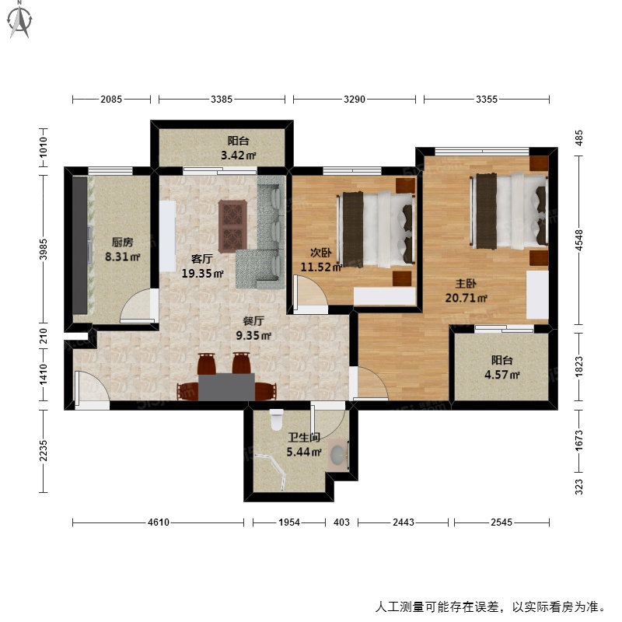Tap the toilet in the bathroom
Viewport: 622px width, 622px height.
click(277, 420)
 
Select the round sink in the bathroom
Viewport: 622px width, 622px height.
click(338, 454)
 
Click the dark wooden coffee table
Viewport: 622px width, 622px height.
click(232, 226)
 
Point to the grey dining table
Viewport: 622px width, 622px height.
click(226, 386)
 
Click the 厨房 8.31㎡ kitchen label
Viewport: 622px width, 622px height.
click(123, 250)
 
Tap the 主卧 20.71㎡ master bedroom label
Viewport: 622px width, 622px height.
click(466, 291)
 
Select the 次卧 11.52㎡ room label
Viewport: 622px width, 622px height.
click(321, 260)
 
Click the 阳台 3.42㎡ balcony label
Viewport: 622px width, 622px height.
click(238, 148)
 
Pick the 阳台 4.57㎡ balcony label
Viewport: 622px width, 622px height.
click(501, 367)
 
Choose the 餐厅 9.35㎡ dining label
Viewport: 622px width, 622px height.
click(253, 328)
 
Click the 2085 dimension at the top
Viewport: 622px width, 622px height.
click(111, 100)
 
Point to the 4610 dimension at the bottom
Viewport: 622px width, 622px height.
click(159, 522)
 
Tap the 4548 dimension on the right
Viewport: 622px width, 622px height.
click(579, 240)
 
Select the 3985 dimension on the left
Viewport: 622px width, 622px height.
click(44, 249)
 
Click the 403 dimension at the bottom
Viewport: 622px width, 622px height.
click(341, 522)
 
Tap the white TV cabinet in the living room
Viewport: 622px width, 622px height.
click(167, 236)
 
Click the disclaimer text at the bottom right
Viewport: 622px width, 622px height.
click(491, 607)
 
